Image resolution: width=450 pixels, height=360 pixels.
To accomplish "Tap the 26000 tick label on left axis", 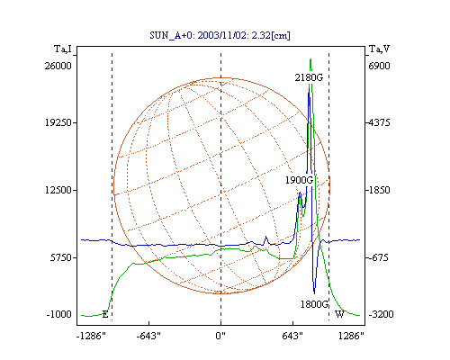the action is tap(58, 66).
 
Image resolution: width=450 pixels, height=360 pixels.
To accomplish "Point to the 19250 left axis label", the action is tap(58, 122).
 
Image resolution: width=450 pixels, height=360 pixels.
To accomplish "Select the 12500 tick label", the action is tap(58, 190).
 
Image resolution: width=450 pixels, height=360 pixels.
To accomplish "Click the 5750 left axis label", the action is tap(61, 257).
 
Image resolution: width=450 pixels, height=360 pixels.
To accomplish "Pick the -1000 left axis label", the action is tap(58, 314).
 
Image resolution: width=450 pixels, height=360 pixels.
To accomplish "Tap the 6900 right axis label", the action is tap(379, 66).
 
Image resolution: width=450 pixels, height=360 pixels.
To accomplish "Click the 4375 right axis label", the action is tap(379, 122).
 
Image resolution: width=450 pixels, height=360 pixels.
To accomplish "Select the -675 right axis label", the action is tap(378, 257).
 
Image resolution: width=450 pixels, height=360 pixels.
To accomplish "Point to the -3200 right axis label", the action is tap(381, 314).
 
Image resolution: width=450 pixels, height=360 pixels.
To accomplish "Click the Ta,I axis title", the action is tap(63, 49).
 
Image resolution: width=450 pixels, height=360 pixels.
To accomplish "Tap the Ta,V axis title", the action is tap(379, 49).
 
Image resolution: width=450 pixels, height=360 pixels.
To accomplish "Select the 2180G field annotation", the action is tap(309, 77).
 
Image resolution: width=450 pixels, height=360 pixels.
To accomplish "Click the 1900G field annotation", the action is tap(299, 180).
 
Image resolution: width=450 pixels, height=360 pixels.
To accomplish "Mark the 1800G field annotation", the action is tap(314, 304).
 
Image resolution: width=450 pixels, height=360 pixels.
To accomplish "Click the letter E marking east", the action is tap(105, 314).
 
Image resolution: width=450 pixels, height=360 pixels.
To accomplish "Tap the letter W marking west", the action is tap(339, 314).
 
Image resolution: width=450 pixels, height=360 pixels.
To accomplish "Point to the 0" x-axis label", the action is tap(220, 336).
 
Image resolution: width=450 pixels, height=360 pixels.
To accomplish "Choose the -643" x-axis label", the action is tap(148, 336).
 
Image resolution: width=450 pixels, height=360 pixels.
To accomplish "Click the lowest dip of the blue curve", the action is tap(314, 293).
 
